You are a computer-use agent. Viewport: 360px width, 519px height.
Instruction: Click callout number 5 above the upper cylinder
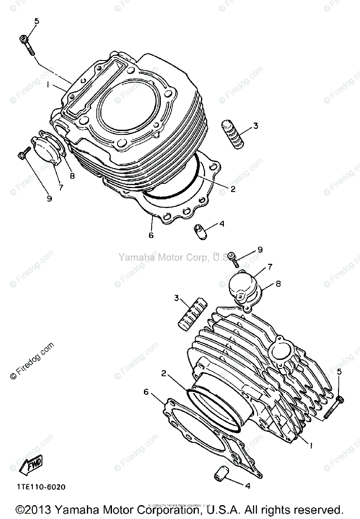(x=36, y=21)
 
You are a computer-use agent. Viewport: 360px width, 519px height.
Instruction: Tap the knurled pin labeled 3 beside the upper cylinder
(x=233, y=135)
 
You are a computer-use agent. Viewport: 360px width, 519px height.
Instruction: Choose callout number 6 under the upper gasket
(x=151, y=235)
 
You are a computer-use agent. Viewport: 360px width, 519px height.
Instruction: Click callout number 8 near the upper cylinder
(x=72, y=176)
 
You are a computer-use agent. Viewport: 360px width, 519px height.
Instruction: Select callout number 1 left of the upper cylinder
(x=48, y=86)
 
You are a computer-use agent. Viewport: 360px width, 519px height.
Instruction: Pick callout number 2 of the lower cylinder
(x=164, y=373)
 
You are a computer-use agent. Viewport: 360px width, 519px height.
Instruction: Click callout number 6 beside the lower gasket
(x=146, y=391)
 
